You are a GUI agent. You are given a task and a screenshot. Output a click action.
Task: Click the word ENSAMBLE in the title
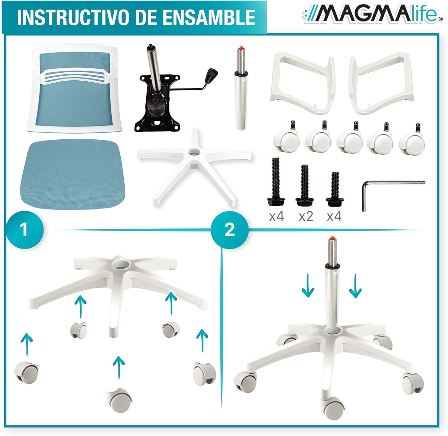click(209, 17)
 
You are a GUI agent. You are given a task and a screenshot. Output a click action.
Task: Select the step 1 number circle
click(24, 230)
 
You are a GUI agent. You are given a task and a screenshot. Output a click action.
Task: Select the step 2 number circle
click(229, 230)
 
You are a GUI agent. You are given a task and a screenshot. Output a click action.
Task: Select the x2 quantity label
click(306, 216)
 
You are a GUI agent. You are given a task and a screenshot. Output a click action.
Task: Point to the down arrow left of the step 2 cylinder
click(308, 285)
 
